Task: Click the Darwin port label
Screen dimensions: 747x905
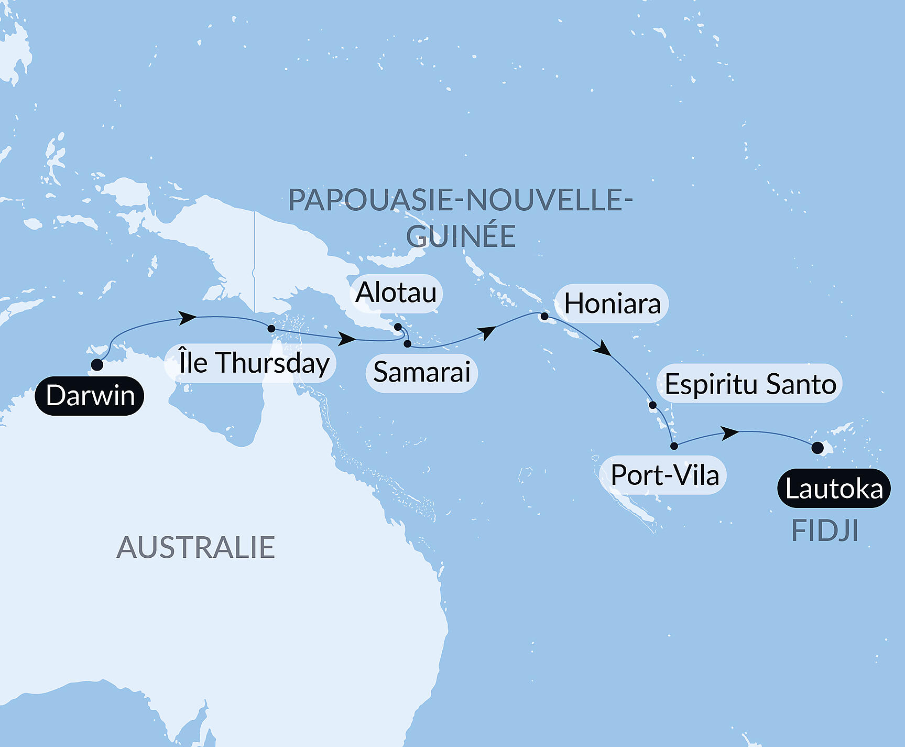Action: point(90,396)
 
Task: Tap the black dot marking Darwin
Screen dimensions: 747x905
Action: point(97,365)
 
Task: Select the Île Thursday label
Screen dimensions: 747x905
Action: point(250,363)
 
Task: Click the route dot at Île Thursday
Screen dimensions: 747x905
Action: point(271,329)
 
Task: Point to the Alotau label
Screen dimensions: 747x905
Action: point(396,293)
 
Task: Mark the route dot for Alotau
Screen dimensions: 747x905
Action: point(398,327)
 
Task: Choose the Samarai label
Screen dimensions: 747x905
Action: point(422,372)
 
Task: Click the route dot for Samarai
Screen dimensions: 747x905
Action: point(408,344)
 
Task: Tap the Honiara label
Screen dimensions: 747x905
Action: point(612,304)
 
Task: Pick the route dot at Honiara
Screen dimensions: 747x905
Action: point(544,316)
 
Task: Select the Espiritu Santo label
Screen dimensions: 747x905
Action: point(750,384)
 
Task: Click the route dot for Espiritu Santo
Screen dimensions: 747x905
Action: point(652,405)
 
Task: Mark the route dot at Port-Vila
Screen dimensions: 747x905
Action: point(674,446)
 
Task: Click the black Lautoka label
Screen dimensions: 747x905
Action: point(834,489)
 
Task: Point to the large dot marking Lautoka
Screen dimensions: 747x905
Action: point(817,448)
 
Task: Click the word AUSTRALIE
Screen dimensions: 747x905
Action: point(195,548)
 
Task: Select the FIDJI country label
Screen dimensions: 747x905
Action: point(825,531)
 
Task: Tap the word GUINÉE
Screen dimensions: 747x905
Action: point(461,236)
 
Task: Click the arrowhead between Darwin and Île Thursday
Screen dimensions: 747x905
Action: point(188,318)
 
